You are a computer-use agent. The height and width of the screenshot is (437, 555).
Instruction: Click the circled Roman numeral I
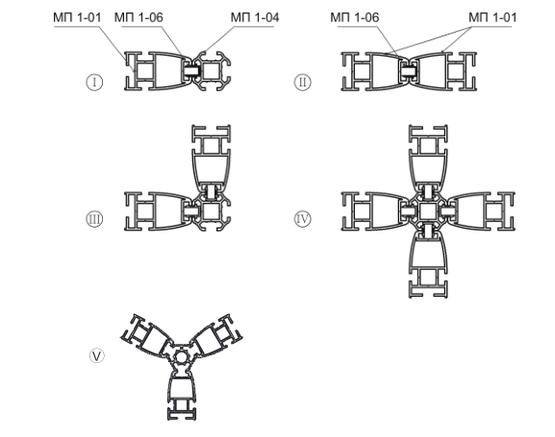94,82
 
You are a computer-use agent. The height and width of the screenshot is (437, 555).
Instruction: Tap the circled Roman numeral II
303,82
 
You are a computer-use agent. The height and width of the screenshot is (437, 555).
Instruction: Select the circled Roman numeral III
94,219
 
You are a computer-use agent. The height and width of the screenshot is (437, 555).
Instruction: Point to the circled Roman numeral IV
303,219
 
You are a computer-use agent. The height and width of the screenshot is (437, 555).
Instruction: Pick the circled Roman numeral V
97,355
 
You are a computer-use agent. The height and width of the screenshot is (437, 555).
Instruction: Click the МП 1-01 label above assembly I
77,17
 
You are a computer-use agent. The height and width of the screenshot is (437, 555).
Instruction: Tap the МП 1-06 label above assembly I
139,17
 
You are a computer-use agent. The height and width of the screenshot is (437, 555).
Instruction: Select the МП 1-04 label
255,17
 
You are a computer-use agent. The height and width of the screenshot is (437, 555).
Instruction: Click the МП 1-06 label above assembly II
355,17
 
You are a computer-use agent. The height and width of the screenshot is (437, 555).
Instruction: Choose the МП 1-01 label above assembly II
492,17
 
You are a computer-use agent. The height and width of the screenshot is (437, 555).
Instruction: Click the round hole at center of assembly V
181,358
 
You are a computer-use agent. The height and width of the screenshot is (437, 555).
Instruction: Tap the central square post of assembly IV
428,211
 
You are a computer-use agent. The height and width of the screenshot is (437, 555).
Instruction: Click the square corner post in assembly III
212,211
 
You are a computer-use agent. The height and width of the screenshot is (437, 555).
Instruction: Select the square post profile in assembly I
212,71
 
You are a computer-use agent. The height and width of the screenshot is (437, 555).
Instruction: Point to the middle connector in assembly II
409,71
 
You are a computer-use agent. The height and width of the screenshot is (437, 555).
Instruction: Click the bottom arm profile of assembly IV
428,263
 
